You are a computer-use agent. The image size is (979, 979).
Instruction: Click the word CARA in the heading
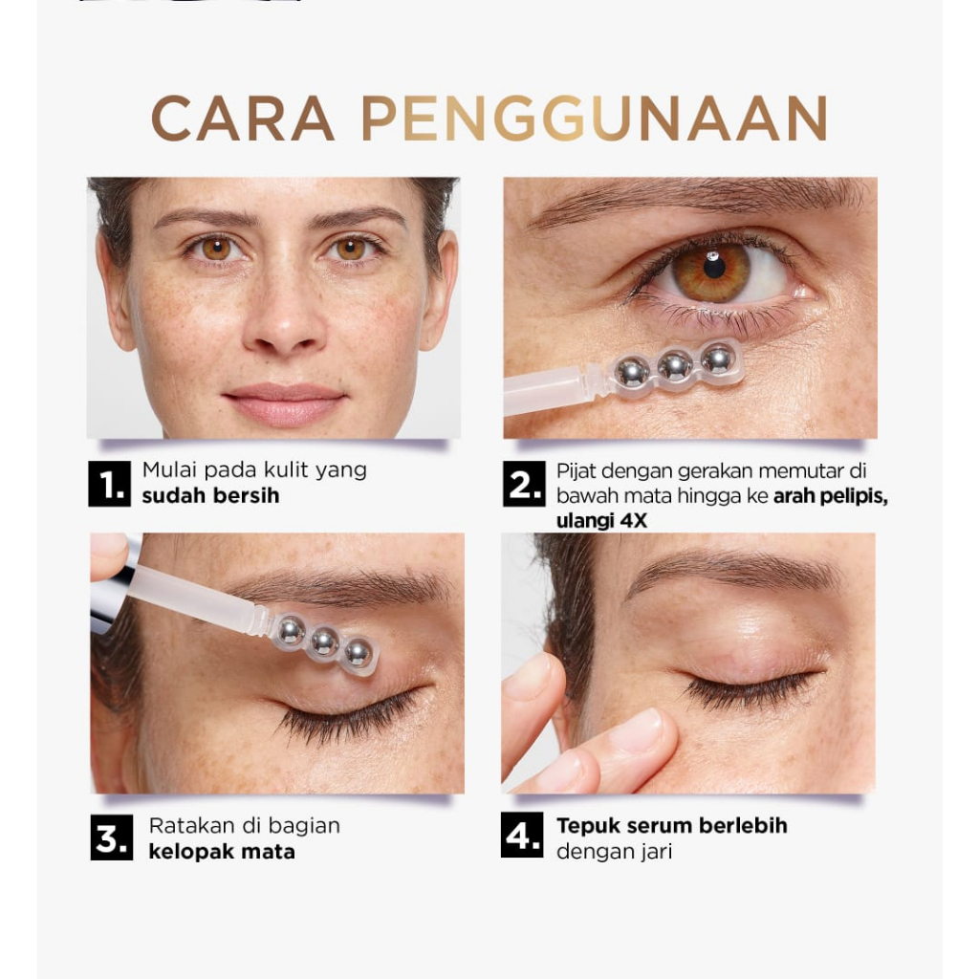(x=243, y=119)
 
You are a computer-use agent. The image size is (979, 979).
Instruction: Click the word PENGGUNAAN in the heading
(x=594, y=119)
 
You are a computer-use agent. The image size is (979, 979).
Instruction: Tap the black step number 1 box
(x=109, y=485)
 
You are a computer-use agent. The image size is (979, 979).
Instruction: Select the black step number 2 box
(x=523, y=485)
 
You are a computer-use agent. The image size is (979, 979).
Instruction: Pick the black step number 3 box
(x=111, y=838)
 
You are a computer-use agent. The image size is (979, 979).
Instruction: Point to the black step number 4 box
(x=522, y=836)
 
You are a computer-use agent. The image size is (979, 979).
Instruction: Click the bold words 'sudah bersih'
(x=210, y=496)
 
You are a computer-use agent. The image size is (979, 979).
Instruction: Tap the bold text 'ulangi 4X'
(x=601, y=521)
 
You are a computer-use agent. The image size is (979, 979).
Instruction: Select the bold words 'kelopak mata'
(x=221, y=850)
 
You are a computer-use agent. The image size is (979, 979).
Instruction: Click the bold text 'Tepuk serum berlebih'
(x=671, y=825)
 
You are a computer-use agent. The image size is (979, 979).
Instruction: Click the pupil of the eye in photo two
(x=713, y=267)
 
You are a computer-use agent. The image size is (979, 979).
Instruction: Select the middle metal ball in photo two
(x=675, y=365)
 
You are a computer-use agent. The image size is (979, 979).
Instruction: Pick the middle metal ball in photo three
(x=324, y=642)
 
